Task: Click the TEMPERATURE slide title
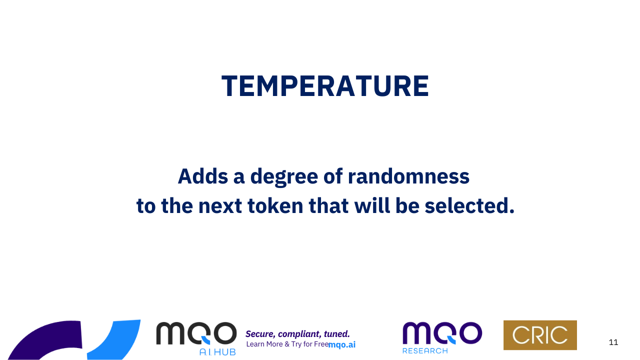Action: (325, 86)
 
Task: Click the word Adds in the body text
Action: (203, 176)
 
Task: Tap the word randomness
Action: (408, 176)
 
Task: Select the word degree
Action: (284, 177)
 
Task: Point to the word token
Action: (275, 205)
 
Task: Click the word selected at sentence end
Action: (469, 205)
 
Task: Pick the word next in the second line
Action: (220, 206)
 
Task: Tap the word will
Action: (372, 205)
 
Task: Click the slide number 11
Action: (613, 342)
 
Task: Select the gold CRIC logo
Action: (540, 335)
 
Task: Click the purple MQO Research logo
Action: (442, 337)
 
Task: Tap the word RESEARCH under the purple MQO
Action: (425, 350)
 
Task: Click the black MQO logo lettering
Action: (196, 333)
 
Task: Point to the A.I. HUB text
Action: (217, 352)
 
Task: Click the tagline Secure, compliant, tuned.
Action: (297, 333)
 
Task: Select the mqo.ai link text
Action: (342, 345)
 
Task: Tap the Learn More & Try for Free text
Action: (287, 344)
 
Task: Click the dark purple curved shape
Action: (45, 338)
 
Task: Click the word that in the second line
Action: (328, 205)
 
